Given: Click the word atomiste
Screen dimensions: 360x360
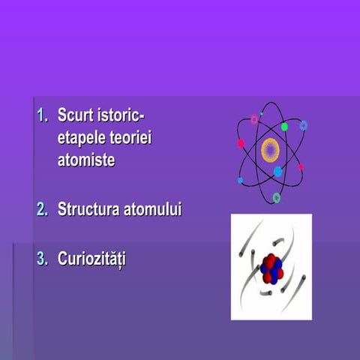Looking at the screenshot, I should click(x=86, y=159).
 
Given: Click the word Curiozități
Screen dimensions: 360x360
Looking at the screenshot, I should click(x=92, y=259).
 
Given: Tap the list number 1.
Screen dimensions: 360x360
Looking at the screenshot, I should click(x=42, y=117).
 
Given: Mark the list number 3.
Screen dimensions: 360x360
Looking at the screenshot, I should click(x=42, y=259).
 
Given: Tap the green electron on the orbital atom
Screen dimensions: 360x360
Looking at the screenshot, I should click(x=285, y=127).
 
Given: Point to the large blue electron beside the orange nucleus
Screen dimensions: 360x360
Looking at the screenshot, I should click(x=278, y=172).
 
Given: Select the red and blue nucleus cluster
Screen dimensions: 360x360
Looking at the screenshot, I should click(x=271, y=268).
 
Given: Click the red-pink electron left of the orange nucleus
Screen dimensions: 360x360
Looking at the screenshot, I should click(x=241, y=143).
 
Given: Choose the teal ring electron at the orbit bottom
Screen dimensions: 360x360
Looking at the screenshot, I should click(x=277, y=197).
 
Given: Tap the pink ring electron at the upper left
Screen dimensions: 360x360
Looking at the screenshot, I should click(x=254, y=120).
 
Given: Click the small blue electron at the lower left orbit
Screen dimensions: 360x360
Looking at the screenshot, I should click(x=240, y=180).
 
